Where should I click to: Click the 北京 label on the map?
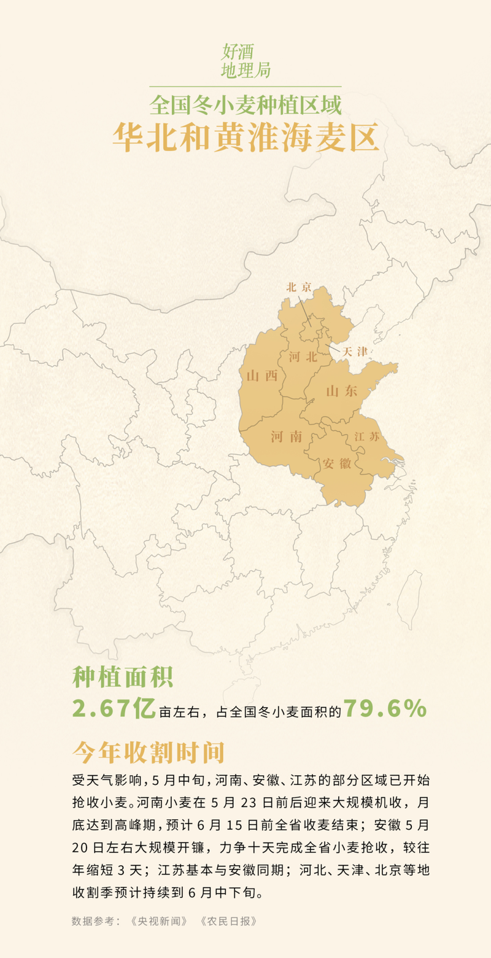[x=300, y=287]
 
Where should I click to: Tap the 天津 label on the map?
[x=355, y=352]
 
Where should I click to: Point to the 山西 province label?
[x=262, y=376]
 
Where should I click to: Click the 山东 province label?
[x=342, y=391]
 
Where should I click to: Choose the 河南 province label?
[x=287, y=436]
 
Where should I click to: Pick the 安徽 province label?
[x=337, y=463]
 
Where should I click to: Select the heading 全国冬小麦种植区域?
[x=245, y=105]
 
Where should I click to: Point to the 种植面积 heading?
[x=123, y=677]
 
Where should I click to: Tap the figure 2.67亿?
[x=114, y=709]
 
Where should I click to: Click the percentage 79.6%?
[x=385, y=709]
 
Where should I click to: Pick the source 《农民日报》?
[x=228, y=921]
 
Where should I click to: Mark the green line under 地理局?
[x=245, y=87]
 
